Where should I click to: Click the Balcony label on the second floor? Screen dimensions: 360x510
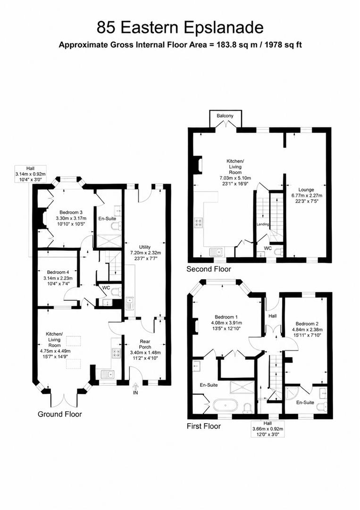coord(225,116)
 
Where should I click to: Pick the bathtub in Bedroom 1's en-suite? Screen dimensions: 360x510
coord(226,407)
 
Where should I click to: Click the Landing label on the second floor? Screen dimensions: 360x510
coord(263,224)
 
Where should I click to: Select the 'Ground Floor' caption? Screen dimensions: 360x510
coord(60,414)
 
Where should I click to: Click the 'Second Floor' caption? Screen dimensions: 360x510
coord(209,269)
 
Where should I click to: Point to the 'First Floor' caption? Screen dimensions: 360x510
coord(204,426)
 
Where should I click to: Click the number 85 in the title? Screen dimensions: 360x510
coord(106,28)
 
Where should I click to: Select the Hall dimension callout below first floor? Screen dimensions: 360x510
coord(268,429)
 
